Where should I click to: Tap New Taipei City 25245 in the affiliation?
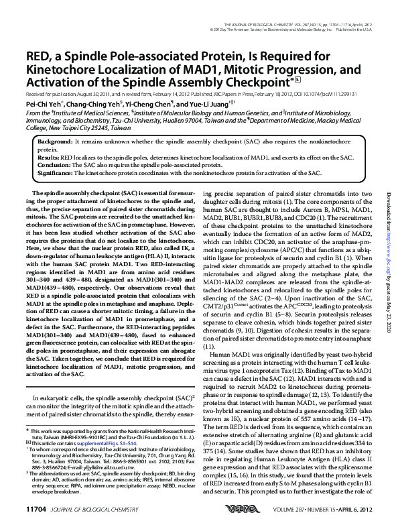click(77, 127)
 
